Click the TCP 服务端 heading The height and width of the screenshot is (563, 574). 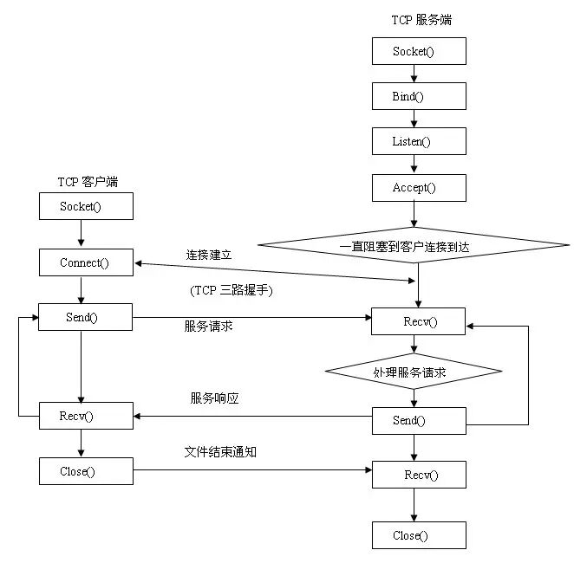click(x=421, y=19)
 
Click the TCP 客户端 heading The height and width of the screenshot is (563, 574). click(x=88, y=181)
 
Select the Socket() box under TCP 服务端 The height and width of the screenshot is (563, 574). click(x=419, y=51)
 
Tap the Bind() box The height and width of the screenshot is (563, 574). click(x=419, y=96)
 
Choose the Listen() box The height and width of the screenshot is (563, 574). click(x=419, y=141)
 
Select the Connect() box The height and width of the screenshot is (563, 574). click(x=86, y=262)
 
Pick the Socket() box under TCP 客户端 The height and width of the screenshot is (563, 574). click(x=86, y=206)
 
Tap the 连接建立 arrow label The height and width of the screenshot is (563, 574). click(x=208, y=256)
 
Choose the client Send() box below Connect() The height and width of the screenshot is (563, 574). click(x=86, y=317)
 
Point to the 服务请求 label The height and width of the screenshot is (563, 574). click(x=208, y=327)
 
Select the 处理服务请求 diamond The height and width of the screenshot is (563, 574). click(x=414, y=371)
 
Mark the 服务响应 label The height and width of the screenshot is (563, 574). click(x=214, y=398)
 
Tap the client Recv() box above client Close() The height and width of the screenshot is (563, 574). click(x=86, y=416)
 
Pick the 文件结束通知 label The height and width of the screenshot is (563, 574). click(x=220, y=452)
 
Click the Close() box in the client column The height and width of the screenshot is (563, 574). click(x=86, y=471)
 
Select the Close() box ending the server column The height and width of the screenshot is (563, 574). click(x=419, y=535)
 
